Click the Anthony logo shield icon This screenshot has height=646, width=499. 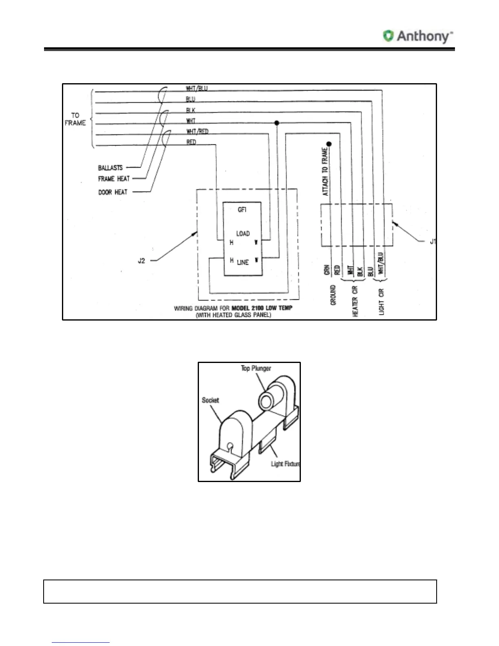(388, 36)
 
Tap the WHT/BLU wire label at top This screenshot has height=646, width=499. (197, 88)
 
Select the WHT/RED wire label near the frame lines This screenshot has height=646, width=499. (197, 131)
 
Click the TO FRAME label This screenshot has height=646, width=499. (75, 119)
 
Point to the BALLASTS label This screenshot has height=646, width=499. (110, 168)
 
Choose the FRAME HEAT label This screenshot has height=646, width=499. (114, 179)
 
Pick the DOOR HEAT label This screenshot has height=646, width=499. (113, 192)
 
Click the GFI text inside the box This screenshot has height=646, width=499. (242, 210)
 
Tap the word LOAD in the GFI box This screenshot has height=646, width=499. (243, 234)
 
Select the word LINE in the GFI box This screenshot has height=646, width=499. (243, 262)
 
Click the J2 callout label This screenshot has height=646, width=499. (141, 261)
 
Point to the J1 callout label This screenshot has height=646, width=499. (433, 242)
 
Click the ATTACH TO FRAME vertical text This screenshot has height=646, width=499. (325, 171)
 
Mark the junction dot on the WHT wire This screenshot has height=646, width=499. (277, 123)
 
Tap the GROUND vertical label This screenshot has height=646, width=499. (333, 295)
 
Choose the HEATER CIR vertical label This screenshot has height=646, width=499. (355, 301)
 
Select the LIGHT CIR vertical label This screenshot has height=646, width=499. (382, 302)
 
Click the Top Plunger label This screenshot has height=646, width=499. (256, 368)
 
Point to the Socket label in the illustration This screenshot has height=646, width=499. (210, 400)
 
